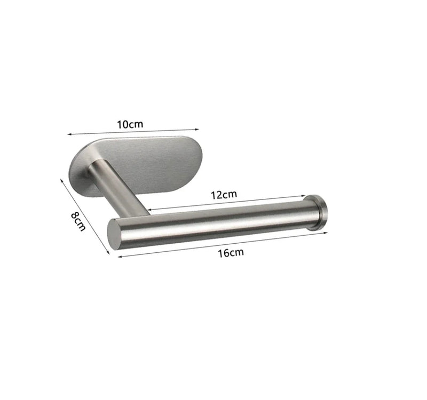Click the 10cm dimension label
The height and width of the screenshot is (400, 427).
tap(130, 124)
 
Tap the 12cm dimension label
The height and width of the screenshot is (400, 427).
tap(223, 195)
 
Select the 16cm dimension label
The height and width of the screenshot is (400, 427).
tap(230, 252)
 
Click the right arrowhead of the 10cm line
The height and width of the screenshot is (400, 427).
tap(198, 128)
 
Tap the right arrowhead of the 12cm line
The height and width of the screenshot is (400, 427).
tap(307, 197)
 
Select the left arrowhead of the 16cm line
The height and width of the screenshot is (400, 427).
tap(118, 257)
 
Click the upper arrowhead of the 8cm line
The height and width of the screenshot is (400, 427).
tap(62, 179)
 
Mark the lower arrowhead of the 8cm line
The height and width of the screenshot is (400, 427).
tap(108, 253)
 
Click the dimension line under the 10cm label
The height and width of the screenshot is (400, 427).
tap(133, 131)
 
